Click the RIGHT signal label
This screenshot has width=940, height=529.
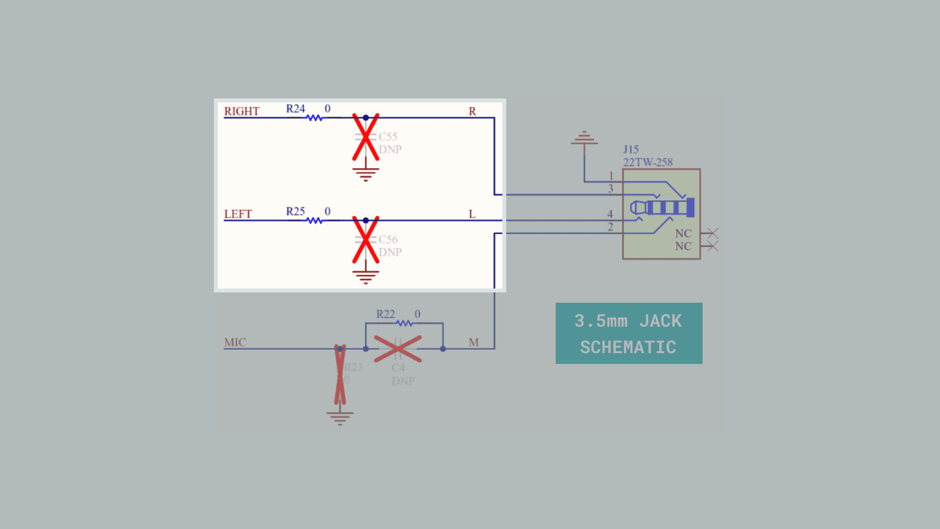point(241,111)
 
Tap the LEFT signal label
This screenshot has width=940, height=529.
point(237,214)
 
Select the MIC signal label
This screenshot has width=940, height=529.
point(235,342)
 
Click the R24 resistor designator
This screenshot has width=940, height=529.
point(295,109)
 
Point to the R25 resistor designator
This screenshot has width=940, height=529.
point(295,212)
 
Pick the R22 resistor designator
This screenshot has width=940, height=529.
point(385,314)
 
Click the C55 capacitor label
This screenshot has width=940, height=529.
point(388,137)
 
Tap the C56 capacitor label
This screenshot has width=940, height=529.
point(388,240)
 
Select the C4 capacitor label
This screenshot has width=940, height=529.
point(398,368)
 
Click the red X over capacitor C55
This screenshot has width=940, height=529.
point(366,137)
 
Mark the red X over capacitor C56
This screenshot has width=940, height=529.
point(366,240)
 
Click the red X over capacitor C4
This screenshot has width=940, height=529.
point(398,349)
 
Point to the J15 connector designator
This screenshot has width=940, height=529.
point(631,149)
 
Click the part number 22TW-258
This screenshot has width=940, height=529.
point(648,162)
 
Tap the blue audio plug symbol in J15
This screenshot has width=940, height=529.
point(662,208)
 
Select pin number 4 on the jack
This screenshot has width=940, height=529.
point(610,214)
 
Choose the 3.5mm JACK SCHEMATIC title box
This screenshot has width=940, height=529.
point(629,334)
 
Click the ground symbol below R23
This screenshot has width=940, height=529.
point(340,418)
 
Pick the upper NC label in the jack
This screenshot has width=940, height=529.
point(683,234)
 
